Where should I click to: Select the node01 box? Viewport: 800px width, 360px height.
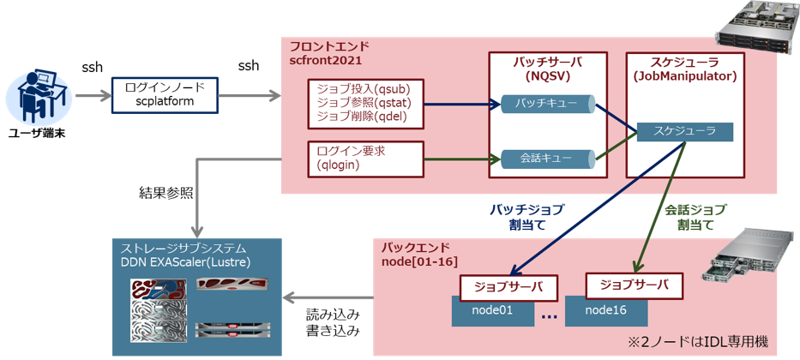495,310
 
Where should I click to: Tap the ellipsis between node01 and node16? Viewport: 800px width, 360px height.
550,317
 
